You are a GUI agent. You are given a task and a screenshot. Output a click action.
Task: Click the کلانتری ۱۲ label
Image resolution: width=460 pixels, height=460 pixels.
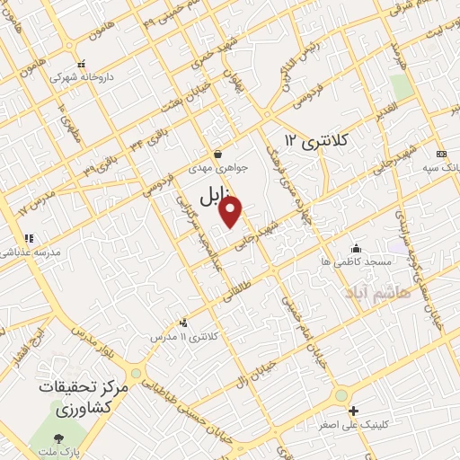pyautogui.click(x=314, y=140)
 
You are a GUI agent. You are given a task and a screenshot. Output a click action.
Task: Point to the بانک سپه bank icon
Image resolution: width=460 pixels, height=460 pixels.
pyautogui.click(x=440, y=154)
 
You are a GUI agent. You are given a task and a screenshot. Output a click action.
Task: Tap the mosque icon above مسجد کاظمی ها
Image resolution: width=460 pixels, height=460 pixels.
pyautogui.click(x=357, y=248)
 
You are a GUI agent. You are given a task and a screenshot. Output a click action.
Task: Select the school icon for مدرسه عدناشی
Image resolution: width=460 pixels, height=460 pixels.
pyautogui.click(x=29, y=239)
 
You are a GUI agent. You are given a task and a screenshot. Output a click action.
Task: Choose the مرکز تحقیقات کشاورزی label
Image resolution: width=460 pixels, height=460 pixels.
pyautogui.click(x=85, y=396)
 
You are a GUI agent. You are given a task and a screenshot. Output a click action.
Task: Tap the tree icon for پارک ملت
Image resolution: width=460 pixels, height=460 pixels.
pyautogui.click(x=59, y=438)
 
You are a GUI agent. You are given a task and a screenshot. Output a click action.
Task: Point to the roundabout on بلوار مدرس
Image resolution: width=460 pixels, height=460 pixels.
pyautogui.click(x=136, y=372)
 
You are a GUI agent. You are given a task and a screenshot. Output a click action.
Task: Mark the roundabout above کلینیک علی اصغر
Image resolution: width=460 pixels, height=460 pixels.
pyautogui.click(x=341, y=395)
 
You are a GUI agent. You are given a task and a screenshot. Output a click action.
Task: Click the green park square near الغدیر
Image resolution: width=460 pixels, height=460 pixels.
pyautogui.click(x=401, y=87)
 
